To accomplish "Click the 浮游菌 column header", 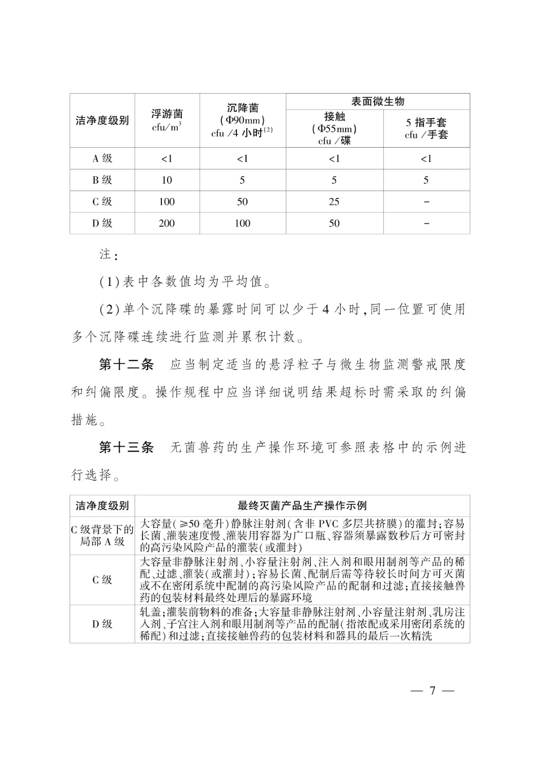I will pyautogui.click(x=167, y=114).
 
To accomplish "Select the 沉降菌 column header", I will pyautogui.click(x=243, y=108).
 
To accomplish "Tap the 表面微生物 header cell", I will pyautogui.click(x=377, y=101).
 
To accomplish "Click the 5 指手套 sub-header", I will pyautogui.click(x=426, y=123).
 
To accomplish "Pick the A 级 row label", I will pyautogui.click(x=102, y=159).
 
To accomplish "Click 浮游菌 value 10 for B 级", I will pyautogui.click(x=167, y=180).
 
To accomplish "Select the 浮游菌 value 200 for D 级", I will pyautogui.click(x=167, y=223).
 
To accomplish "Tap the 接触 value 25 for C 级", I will pyautogui.click(x=334, y=202).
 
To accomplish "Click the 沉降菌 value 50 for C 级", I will pyautogui.click(x=243, y=202).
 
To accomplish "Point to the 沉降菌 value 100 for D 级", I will pyautogui.click(x=243, y=223).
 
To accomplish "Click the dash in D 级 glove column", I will pyautogui.click(x=426, y=223).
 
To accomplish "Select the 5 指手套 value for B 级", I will pyautogui.click(x=426, y=180).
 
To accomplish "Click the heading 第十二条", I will pyautogui.click(x=126, y=365).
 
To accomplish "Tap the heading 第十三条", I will pyautogui.click(x=126, y=447).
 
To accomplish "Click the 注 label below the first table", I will pyautogui.click(x=105, y=255).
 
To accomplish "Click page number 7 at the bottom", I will pyautogui.click(x=432, y=691).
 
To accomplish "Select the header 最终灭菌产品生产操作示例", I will pyautogui.click(x=302, y=506).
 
